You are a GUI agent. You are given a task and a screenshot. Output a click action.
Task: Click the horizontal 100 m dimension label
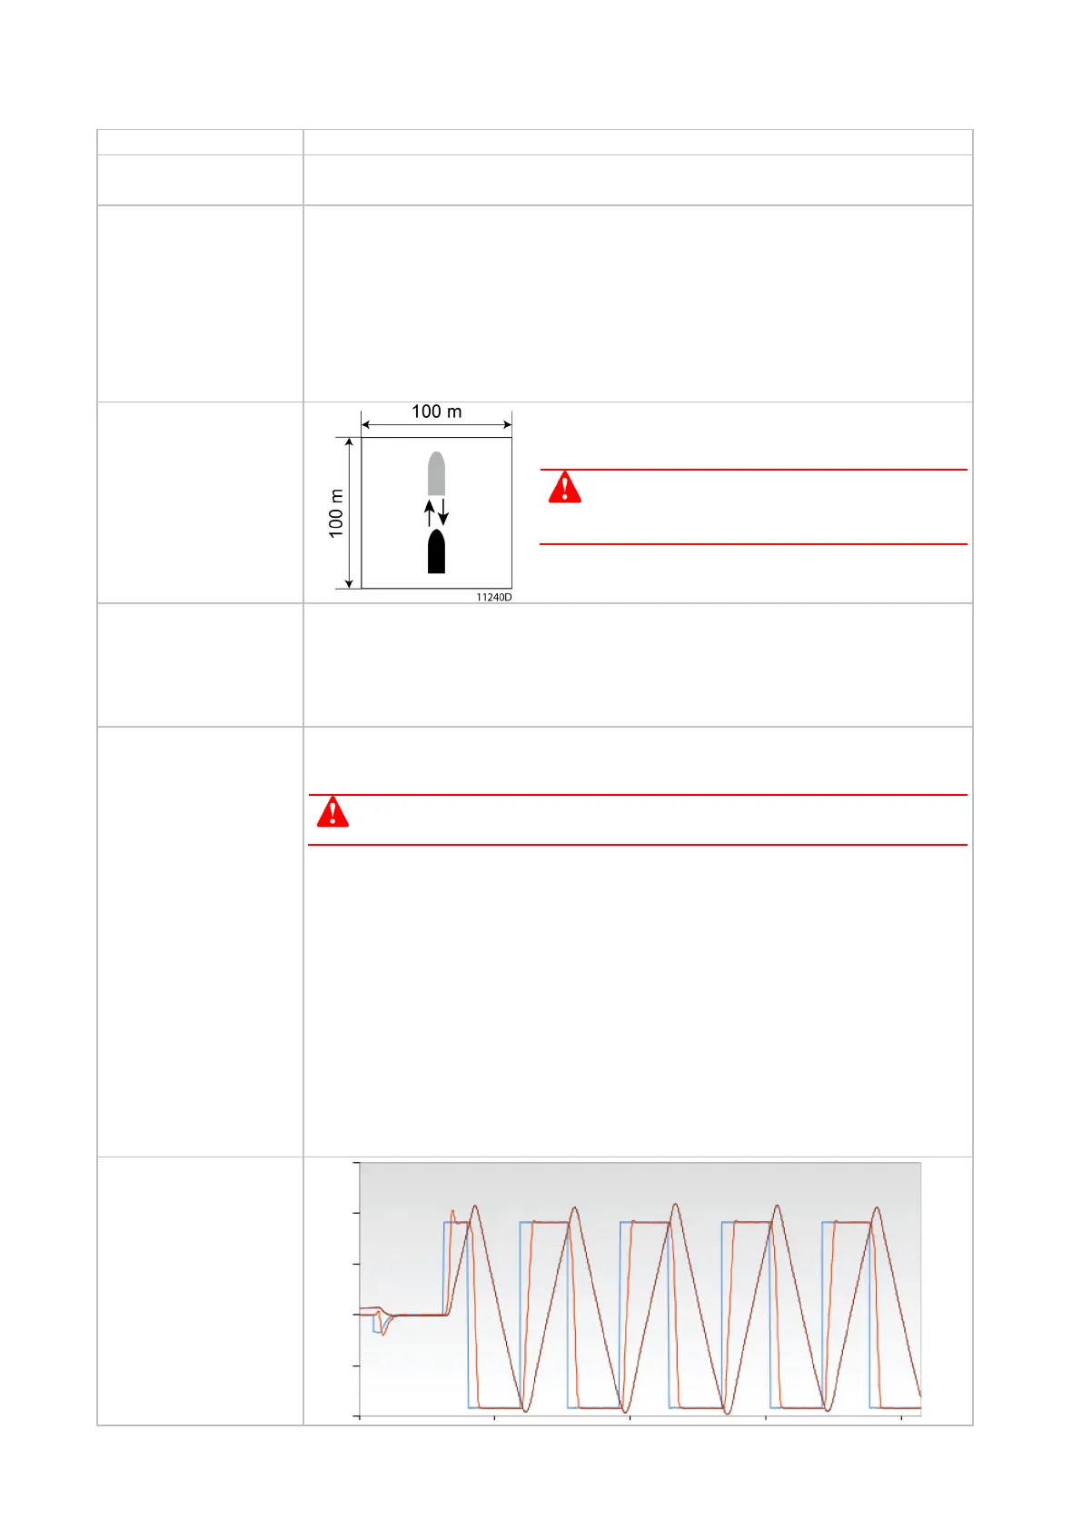436,412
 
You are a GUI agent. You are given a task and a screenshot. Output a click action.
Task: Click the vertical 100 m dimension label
336,513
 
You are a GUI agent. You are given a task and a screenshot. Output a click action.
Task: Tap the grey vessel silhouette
436,473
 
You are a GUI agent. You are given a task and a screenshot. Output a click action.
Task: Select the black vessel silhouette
436,551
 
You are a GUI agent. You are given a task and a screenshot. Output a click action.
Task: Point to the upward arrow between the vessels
430,513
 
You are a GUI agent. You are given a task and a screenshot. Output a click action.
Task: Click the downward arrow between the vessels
443,512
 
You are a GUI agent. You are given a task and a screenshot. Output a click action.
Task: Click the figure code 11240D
494,597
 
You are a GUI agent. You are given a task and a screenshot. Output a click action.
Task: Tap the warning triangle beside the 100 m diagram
564,488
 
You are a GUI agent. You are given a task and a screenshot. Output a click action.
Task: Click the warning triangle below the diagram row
333,811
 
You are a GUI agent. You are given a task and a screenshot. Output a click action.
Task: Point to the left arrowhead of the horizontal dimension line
365,424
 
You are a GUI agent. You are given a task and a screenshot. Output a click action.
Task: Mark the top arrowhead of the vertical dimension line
349,442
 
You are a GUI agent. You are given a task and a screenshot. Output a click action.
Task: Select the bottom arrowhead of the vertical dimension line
349,584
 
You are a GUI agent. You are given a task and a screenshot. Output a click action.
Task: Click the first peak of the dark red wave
474,1206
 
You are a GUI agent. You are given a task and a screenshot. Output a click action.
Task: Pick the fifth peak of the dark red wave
877,1208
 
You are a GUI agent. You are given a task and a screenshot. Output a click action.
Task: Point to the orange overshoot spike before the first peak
452,1211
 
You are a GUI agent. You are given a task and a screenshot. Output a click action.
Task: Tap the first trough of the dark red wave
524,1410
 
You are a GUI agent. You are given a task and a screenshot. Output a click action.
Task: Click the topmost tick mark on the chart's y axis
357,1163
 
